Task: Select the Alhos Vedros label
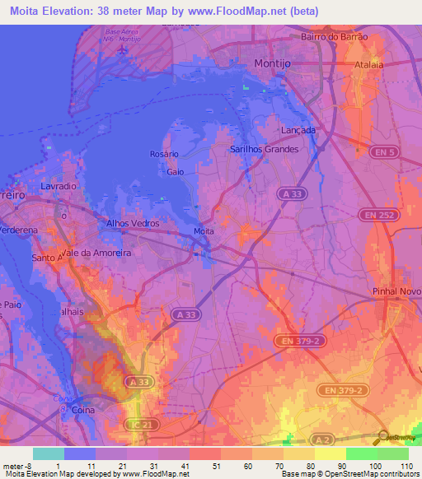tap(133, 223)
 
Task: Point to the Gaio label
tap(175, 172)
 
